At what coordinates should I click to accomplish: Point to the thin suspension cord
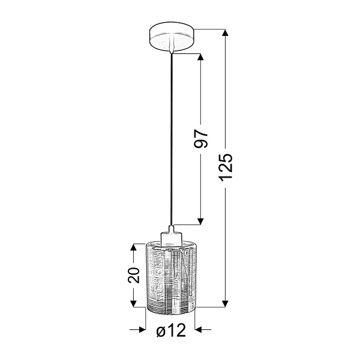[x=172, y=138]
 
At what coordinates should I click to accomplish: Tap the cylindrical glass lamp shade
[x=171, y=273]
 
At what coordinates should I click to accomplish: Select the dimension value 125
[x=226, y=167]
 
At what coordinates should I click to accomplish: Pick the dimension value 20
[x=135, y=275]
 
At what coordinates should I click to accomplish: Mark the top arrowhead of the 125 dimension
[x=226, y=34]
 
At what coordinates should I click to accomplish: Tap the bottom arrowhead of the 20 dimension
[x=134, y=303]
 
